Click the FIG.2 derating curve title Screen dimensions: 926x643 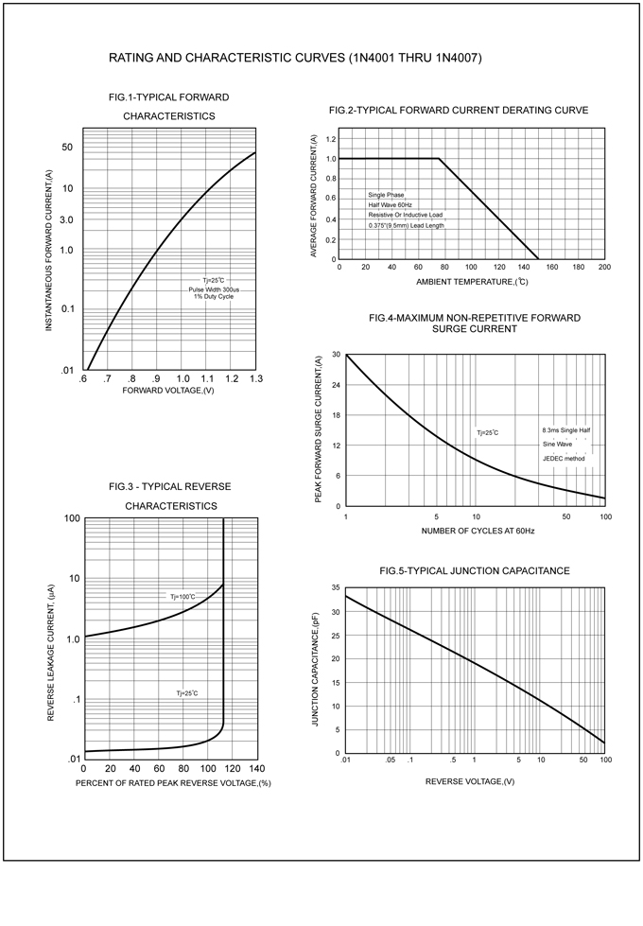pos(459,111)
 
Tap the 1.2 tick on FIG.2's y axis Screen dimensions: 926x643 pos(331,139)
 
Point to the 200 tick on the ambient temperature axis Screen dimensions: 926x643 pos(604,267)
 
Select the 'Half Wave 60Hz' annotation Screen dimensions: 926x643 pos(390,205)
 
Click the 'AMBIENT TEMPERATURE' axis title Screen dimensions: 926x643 pos(472,283)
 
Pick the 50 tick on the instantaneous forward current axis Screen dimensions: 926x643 pos(67,147)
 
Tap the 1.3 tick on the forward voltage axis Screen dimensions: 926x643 pos(256,378)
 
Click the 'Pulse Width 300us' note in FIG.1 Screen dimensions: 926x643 pos(214,288)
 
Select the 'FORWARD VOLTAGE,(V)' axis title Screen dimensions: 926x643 pos(168,391)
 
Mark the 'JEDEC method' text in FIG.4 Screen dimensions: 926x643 pos(564,459)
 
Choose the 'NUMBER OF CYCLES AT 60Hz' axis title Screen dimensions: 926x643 pos(478,532)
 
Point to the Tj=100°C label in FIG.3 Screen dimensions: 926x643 pos(182,597)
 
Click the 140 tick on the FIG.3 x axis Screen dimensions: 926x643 pos(256,768)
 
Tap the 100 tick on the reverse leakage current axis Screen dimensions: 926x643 pos(71,518)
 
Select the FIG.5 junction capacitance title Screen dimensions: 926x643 pos(474,571)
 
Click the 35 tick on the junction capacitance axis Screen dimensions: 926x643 pos(335,588)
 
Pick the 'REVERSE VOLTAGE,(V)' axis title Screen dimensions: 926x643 pos(470,781)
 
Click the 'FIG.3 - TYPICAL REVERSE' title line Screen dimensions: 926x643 pos(170,486)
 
